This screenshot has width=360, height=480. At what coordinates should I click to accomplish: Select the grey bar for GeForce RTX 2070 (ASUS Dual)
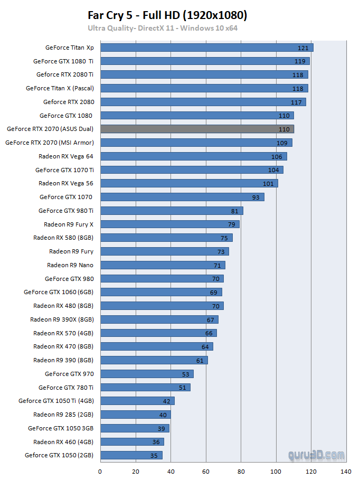197,129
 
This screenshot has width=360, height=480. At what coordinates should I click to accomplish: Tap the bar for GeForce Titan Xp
206,48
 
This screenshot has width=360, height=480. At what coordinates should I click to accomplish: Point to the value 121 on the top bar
302,48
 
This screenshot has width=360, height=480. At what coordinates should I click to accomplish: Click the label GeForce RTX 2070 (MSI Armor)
50,143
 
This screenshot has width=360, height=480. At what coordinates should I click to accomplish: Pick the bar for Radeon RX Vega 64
193,156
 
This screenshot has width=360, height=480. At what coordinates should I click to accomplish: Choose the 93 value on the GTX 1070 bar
257,197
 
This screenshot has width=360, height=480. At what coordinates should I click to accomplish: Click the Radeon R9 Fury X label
69,224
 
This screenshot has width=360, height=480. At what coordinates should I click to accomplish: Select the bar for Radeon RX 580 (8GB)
166,238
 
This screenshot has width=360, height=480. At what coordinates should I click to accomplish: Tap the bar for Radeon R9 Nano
163,265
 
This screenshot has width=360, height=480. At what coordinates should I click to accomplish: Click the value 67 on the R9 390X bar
211,319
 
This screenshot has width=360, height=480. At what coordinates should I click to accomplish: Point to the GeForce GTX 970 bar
147,374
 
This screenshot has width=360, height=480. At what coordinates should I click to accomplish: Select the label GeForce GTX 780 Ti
66,388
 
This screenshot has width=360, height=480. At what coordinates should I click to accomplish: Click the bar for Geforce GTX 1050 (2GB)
131,455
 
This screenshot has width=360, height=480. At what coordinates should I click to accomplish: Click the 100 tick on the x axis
276,471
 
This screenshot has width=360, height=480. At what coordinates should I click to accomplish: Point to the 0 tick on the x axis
100,471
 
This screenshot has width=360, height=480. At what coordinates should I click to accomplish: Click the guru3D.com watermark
316,455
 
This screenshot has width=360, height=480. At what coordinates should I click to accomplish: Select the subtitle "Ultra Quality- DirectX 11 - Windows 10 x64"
163,28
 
